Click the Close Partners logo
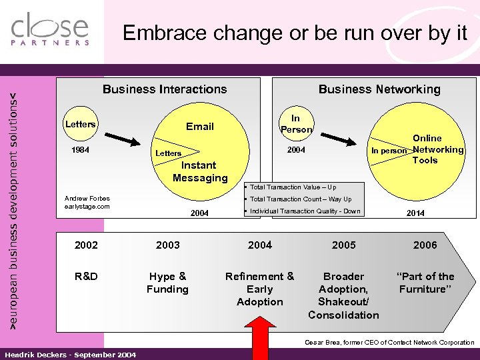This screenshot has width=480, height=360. [50, 30]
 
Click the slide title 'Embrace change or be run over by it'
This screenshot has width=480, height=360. [295, 33]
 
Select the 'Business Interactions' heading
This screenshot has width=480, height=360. [164, 89]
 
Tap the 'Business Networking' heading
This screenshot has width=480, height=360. [379, 89]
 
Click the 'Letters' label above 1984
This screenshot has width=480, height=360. [80, 125]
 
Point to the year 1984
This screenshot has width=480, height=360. [81, 150]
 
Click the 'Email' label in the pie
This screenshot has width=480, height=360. [199, 127]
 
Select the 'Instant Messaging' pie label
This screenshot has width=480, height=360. [199, 171]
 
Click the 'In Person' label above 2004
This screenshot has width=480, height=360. [295, 124]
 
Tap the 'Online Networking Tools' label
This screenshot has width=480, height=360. [437, 149]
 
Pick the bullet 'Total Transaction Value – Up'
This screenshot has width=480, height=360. [293, 187]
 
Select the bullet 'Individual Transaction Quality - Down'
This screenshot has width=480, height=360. [304, 211]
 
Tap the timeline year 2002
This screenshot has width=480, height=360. [86, 245]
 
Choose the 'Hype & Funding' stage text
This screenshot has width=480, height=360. [167, 283]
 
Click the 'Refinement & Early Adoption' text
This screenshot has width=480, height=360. [259, 289]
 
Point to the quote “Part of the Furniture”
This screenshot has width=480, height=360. [425, 283]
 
